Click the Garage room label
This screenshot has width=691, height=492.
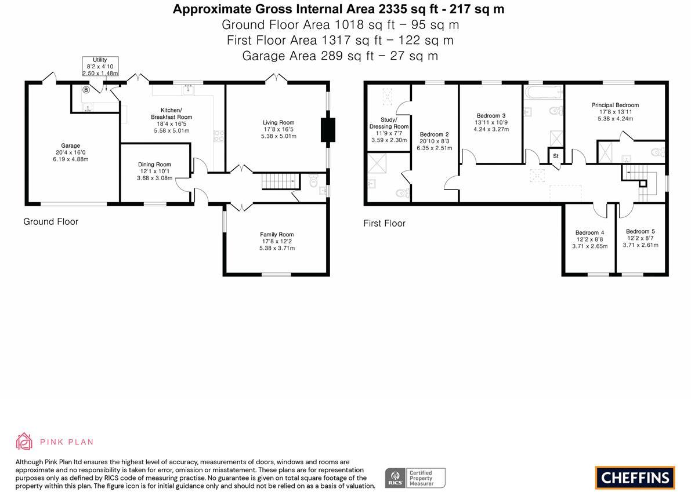click(x=71, y=152)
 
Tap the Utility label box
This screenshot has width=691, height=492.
click(x=100, y=67)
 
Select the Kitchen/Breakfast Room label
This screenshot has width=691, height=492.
click(x=171, y=120)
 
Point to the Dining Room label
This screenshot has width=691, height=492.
click(x=154, y=171)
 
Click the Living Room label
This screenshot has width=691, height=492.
click(x=278, y=129)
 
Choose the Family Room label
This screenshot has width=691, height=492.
click(x=277, y=241)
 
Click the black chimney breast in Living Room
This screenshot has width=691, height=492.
click(x=327, y=130)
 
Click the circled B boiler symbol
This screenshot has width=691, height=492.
click(x=86, y=90)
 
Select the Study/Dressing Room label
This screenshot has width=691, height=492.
click(x=389, y=130)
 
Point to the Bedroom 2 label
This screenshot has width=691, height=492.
click(x=435, y=141)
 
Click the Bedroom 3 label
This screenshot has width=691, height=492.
click(x=491, y=122)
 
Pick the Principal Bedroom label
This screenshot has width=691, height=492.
click(x=615, y=112)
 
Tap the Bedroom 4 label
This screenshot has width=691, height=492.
click(x=589, y=239)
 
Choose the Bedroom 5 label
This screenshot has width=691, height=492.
click(x=641, y=238)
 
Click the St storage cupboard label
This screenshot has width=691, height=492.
click(x=556, y=156)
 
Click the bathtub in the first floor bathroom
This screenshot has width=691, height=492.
click(x=543, y=92)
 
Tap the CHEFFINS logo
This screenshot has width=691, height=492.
click(x=635, y=478)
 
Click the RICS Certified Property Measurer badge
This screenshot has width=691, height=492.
click(x=415, y=478)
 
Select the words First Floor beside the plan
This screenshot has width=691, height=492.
click(x=384, y=223)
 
